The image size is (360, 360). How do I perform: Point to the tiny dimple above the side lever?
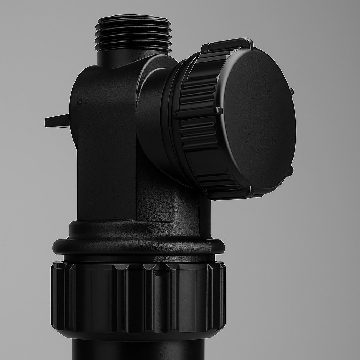tap(79, 103)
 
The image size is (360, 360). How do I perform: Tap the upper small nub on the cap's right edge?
tap(291, 91)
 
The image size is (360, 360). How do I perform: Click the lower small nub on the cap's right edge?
tap(290, 171)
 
